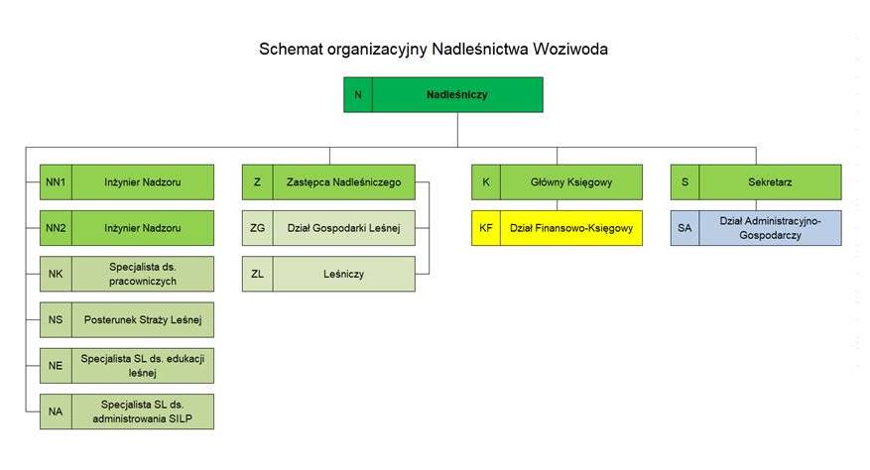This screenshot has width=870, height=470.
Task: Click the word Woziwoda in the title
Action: pyautogui.click(x=569, y=49)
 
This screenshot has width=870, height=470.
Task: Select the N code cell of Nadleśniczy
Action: pyautogui.click(x=358, y=95)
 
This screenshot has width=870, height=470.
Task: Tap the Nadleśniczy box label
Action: pyautogui.click(x=457, y=95)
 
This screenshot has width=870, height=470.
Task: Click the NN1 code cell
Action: pyautogui.click(x=56, y=182)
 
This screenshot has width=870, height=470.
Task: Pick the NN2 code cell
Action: pyautogui.click(x=56, y=228)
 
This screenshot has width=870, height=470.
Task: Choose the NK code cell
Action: pyautogui.click(x=56, y=274)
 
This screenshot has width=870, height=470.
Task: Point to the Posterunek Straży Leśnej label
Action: pyautogui.click(x=143, y=319)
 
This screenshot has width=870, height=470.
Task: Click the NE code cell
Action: pyautogui.click(x=56, y=366)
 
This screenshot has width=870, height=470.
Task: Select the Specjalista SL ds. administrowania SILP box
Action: pyautogui.click(x=127, y=411)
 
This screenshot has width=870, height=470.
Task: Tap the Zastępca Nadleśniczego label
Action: pyautogui.click(x=343, y=182)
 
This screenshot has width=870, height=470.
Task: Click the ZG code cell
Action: pyautogui.click(x=258, y=228)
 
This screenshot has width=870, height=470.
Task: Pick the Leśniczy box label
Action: pyautogui.click(x=343, y=274)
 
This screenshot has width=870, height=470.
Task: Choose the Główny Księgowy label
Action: pyautogui.click(x=571, y=182)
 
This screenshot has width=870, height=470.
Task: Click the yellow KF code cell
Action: pyautogui.click(x=486, y=228)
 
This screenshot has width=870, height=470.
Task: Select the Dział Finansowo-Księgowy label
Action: pyautogui.click(x=571, y=228)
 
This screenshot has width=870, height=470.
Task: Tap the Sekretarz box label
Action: pyautogui.click(x=770, y=182)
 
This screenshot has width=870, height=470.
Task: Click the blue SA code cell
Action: pyautogui.click(x=684, y=228)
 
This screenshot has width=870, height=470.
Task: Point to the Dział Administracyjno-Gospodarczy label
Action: pyautogui.click(x=770, y=228)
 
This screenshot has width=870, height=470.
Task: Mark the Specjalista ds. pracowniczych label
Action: pyautogui.click(x=143, y=274)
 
